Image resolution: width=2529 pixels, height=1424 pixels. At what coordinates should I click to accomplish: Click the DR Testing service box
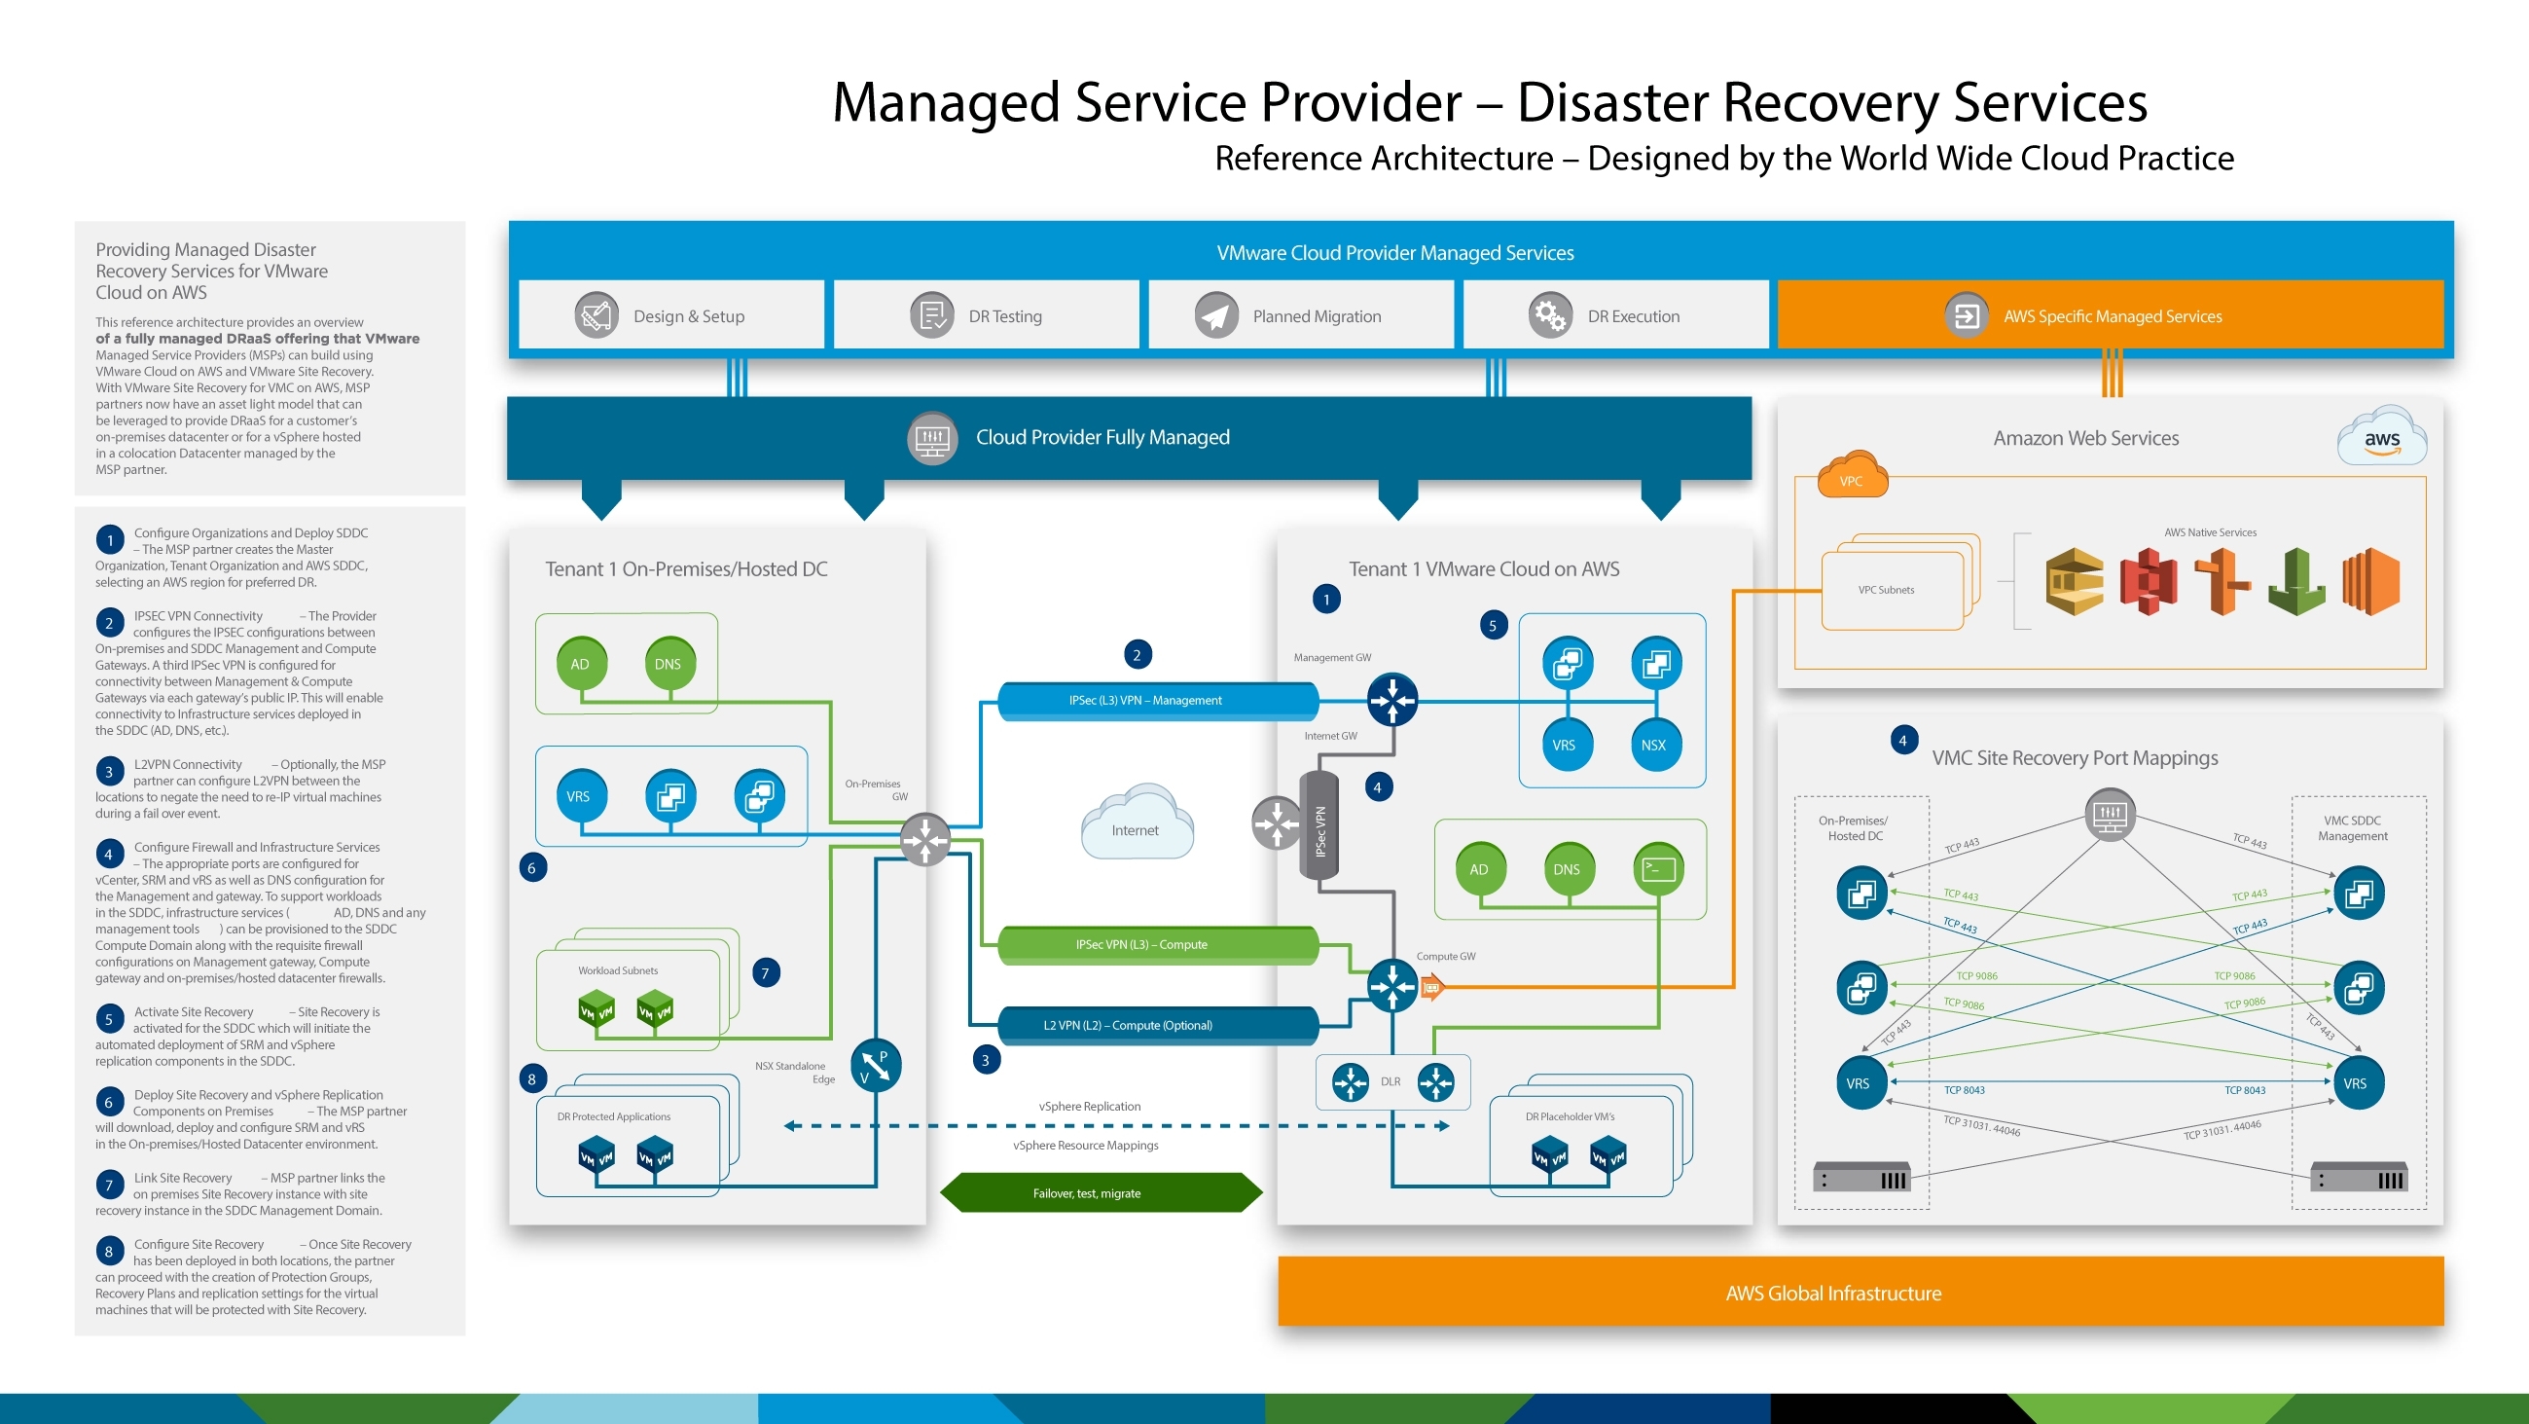point(986,315)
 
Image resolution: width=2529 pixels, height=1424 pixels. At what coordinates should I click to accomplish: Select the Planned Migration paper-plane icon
point(1215,315)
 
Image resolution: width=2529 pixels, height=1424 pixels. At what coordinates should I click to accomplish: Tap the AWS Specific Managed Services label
point(2112,316)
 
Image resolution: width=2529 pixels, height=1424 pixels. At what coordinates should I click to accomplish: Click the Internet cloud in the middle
point(1136,825)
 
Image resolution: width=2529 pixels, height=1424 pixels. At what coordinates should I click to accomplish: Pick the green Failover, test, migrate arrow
point(1100,1193)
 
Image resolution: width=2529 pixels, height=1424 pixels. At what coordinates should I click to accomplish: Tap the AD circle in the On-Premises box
point(580,664)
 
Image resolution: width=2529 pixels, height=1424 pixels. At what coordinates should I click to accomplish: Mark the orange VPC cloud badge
point(1852,475)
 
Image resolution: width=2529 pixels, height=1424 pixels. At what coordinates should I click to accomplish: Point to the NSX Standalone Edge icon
point(874,1066)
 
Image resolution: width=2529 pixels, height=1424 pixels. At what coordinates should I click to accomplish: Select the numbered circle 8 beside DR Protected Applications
point(532,1079)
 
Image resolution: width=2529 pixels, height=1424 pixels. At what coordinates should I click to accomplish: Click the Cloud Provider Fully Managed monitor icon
point(931,438)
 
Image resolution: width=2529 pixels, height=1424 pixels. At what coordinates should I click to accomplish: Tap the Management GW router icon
point(1392,700)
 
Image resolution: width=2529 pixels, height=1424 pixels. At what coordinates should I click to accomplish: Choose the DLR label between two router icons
point(1391,1081)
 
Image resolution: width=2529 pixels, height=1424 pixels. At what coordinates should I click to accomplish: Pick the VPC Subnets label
point(1886,590)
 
